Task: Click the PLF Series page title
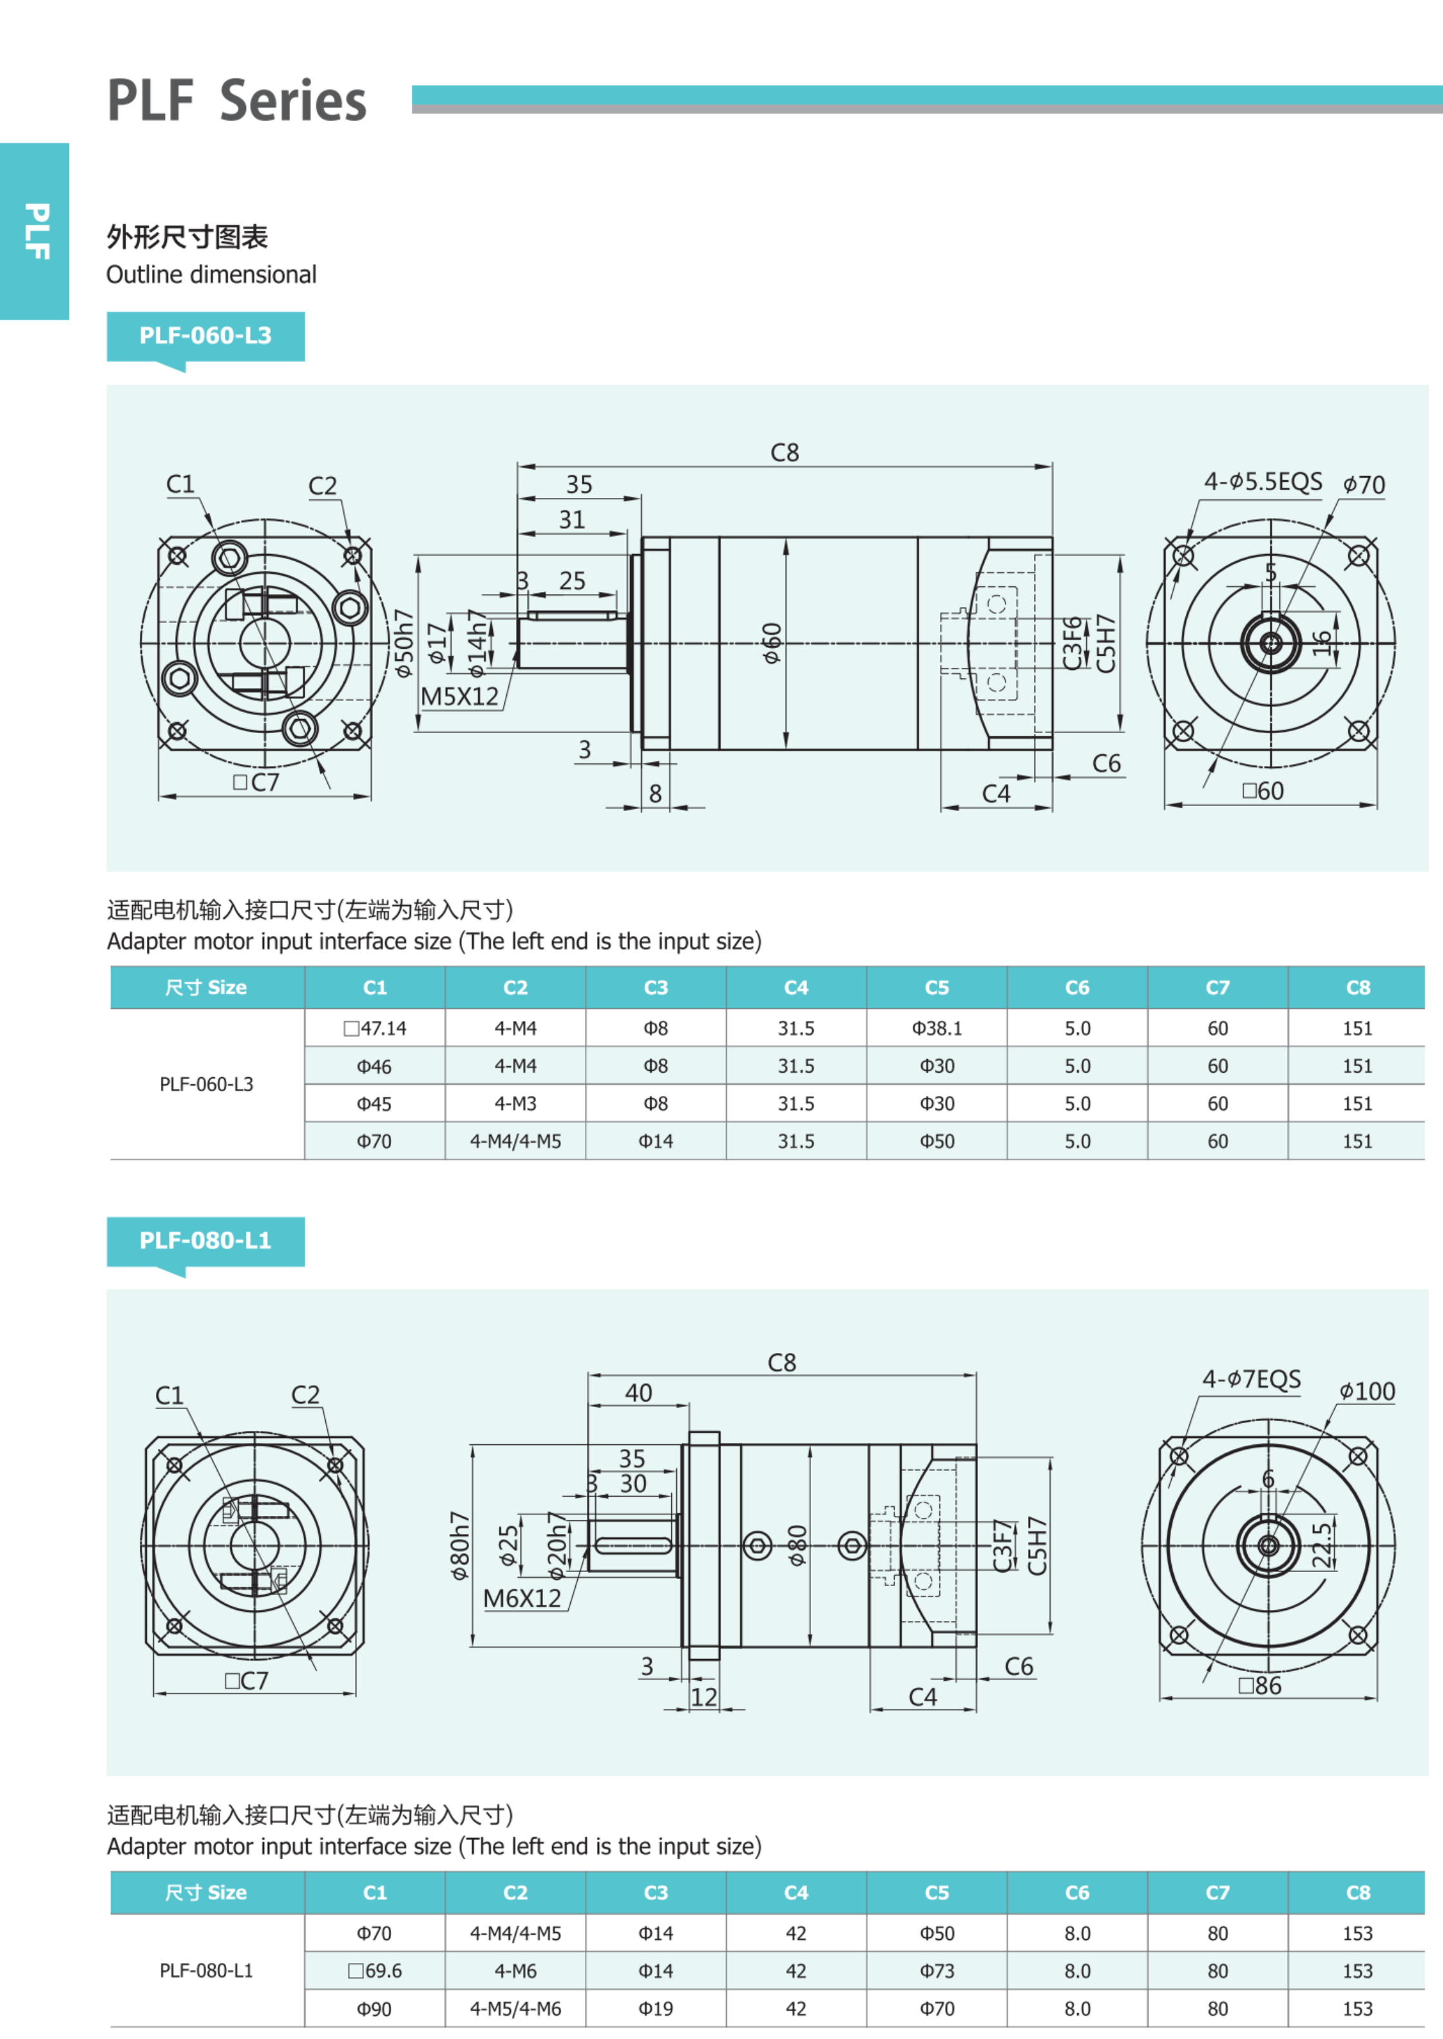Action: point(236,101)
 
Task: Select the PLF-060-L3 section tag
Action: point(205,336)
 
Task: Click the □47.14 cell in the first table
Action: point(375,1029)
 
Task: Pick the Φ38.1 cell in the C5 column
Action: point(937,1029)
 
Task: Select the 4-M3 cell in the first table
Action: point(515,1104)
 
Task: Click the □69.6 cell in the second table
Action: point(375,1971)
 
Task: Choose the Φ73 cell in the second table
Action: point(937,1971)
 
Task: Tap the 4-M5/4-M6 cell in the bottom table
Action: point(515,2009)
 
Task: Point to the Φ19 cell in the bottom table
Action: point(656,2009)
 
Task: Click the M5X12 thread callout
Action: point(459,696)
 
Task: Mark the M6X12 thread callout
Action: point(522,1599)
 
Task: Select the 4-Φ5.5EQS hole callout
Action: point(1263,483)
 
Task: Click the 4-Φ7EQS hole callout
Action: point(1251,1380)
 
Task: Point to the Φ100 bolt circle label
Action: point(1366,1392)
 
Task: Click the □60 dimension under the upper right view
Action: point(1263,792)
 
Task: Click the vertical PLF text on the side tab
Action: point(35,231)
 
